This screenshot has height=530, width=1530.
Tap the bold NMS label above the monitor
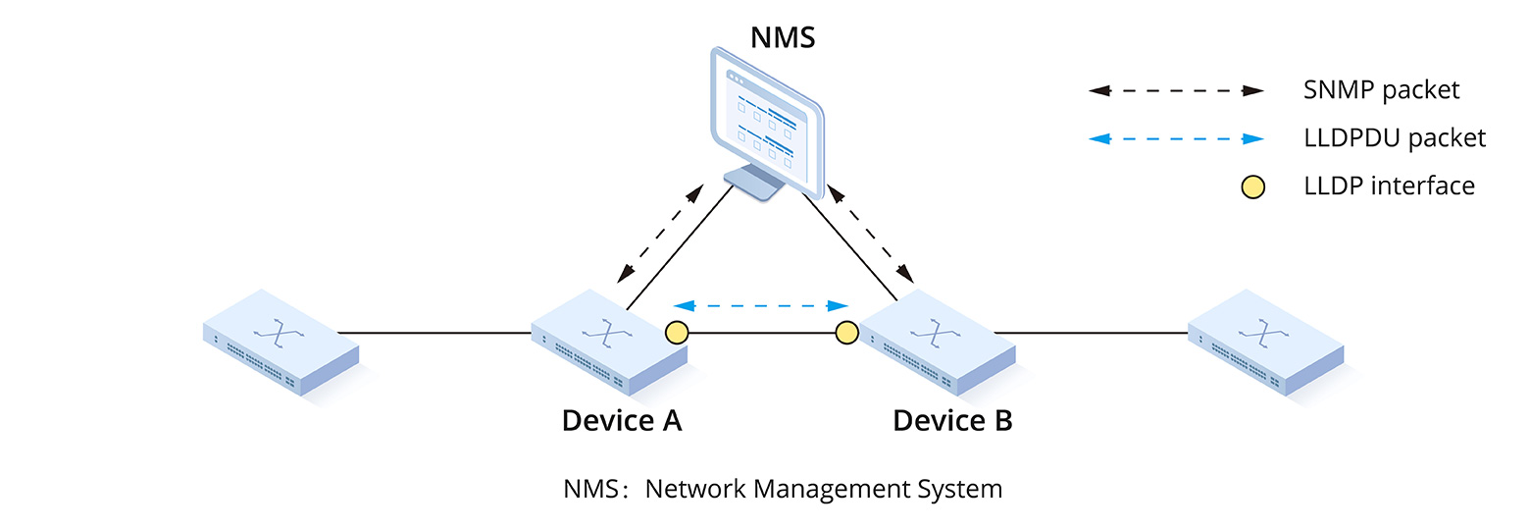pos(783,37)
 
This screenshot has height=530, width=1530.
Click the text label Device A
pos(621,420)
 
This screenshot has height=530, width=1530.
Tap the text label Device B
pos(952,420)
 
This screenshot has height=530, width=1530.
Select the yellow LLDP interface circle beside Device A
pos(677,333)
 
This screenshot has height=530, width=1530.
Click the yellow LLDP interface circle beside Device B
pos(846,333)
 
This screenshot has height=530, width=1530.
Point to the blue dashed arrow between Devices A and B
pos(760,305)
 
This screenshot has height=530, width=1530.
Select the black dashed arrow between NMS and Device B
pos(867,233)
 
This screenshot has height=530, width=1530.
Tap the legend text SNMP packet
pos(1381,90)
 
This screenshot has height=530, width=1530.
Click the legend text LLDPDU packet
pos(1395,138)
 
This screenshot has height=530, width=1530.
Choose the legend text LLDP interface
pos(1389,185)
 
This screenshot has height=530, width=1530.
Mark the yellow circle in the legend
pos(1252,186)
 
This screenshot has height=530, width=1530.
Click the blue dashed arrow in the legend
pos(1176,138)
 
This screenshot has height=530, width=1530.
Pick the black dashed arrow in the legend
pos(1176,90)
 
